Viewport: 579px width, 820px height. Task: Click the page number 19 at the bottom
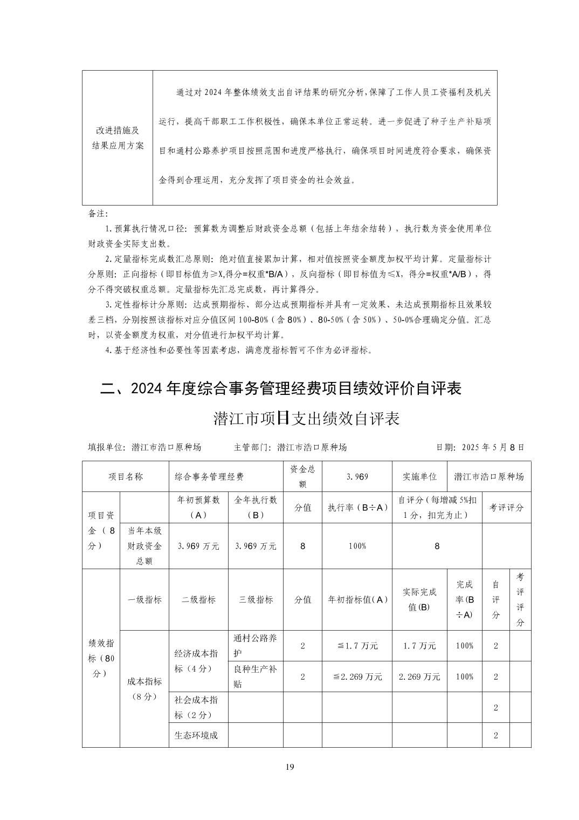click(289, 767)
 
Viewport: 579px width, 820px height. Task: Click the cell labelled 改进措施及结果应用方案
click(117, 138)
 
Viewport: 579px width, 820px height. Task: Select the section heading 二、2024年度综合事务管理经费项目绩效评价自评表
click(281, 388)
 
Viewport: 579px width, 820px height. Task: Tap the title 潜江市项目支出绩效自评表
click(306, 418)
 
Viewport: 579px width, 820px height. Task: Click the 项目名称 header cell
click(125, 476)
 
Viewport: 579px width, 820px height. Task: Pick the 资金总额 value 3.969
click(357, 476)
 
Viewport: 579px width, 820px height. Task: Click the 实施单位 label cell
click(419, 476)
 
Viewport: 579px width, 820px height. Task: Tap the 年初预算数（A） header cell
click(198, 507)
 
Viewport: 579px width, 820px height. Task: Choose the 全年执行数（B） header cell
click(256, 507)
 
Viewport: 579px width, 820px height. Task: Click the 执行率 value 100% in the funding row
click(357, 546)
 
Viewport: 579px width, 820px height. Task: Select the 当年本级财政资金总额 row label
click(144, 546)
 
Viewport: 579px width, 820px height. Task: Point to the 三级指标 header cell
click(256, 599)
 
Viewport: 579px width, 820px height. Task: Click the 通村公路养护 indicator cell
click(256, 646)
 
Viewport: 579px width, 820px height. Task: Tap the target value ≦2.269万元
click(357, 676)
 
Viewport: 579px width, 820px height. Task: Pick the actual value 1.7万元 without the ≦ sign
click(419, 646)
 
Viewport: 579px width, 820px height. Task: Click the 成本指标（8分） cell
click(144, 688)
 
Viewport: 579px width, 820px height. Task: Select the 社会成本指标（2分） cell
click(198, 707)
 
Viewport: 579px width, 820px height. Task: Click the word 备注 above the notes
click(98, 214)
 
